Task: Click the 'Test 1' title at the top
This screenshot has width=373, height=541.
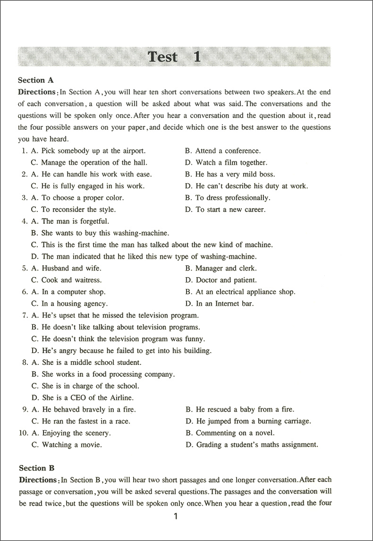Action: tap(174, 57)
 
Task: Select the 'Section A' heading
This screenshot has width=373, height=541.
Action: tap(35, 80)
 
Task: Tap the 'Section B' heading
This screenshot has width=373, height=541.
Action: tap(36, 468)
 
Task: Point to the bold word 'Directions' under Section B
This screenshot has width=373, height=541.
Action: tap(38, 480)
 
